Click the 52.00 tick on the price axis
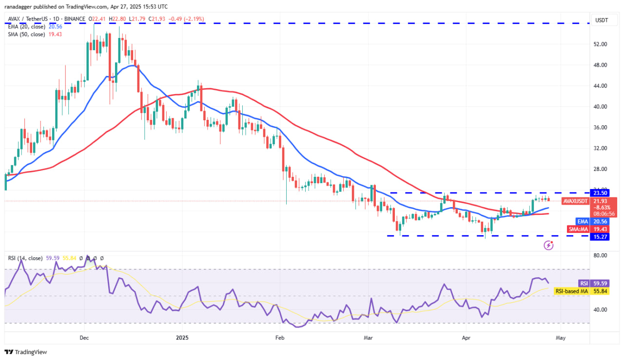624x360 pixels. coord(600,44)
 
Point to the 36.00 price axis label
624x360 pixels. coord(600,128)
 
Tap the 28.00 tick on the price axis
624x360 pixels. coord(600,169)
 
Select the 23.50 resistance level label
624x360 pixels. coord(600,193)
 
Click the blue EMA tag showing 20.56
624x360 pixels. coord(582,221)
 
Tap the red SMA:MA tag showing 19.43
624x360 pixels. coord(579,229)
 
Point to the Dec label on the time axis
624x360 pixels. coord(84,337)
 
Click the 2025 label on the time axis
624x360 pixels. coord(182,337)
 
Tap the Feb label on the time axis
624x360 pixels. coord(280,337)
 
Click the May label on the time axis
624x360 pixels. coord(561,337)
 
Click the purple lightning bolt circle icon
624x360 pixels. coord(549,245)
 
